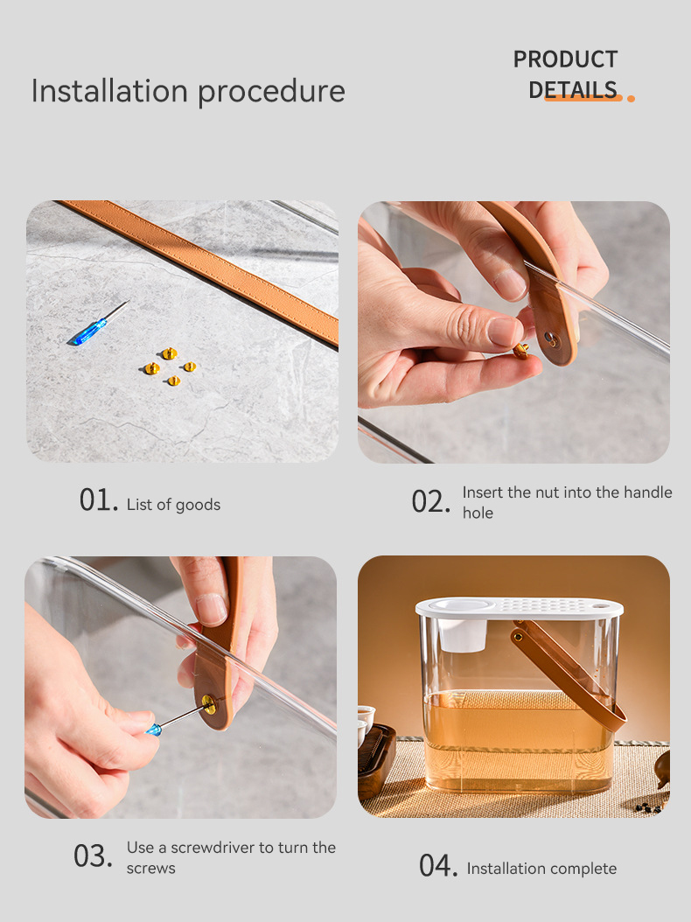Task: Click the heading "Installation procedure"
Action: [x=188, y=91]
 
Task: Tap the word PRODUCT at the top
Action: [x=565, y=59]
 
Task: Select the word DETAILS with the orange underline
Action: [x=573, y=89]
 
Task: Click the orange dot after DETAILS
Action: [x=631, y=98]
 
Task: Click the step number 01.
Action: [x=98, y=500]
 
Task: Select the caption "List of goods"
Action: [x=173, y=505]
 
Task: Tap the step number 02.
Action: [x=430, y=502]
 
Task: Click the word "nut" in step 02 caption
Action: [x=547, y=492]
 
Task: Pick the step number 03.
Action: [x=93, y=856]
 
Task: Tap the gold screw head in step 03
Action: [x=209, y=702]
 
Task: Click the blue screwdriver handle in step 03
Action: [x=154, y=729]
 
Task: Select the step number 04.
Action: [x=437, y=866]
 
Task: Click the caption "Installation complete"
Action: [x=541, y=869]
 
